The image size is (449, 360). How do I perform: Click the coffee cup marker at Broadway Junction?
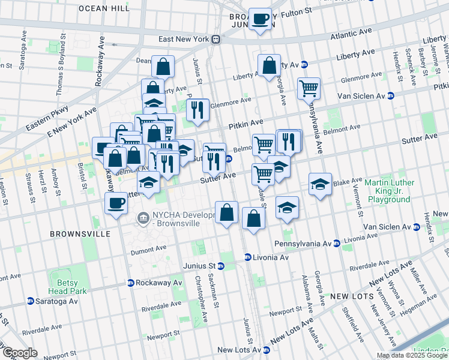[x=260, y=19]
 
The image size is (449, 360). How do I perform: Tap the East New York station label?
[x=184, y=39]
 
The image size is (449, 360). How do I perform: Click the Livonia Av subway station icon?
[x=247, y=257]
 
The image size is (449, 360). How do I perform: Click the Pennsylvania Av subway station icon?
[x=337, y=244]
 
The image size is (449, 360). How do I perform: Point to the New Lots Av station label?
[x=238, y=350]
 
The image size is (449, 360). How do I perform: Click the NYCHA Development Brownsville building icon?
[x=143, y=216]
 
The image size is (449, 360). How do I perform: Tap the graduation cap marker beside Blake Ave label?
[x=320, y=184]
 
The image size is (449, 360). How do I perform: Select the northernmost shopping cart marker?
[x=309, y=89]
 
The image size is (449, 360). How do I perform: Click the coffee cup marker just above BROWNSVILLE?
[x=115, y=203]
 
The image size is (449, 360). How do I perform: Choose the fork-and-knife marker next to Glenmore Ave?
[x=197, y=110]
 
